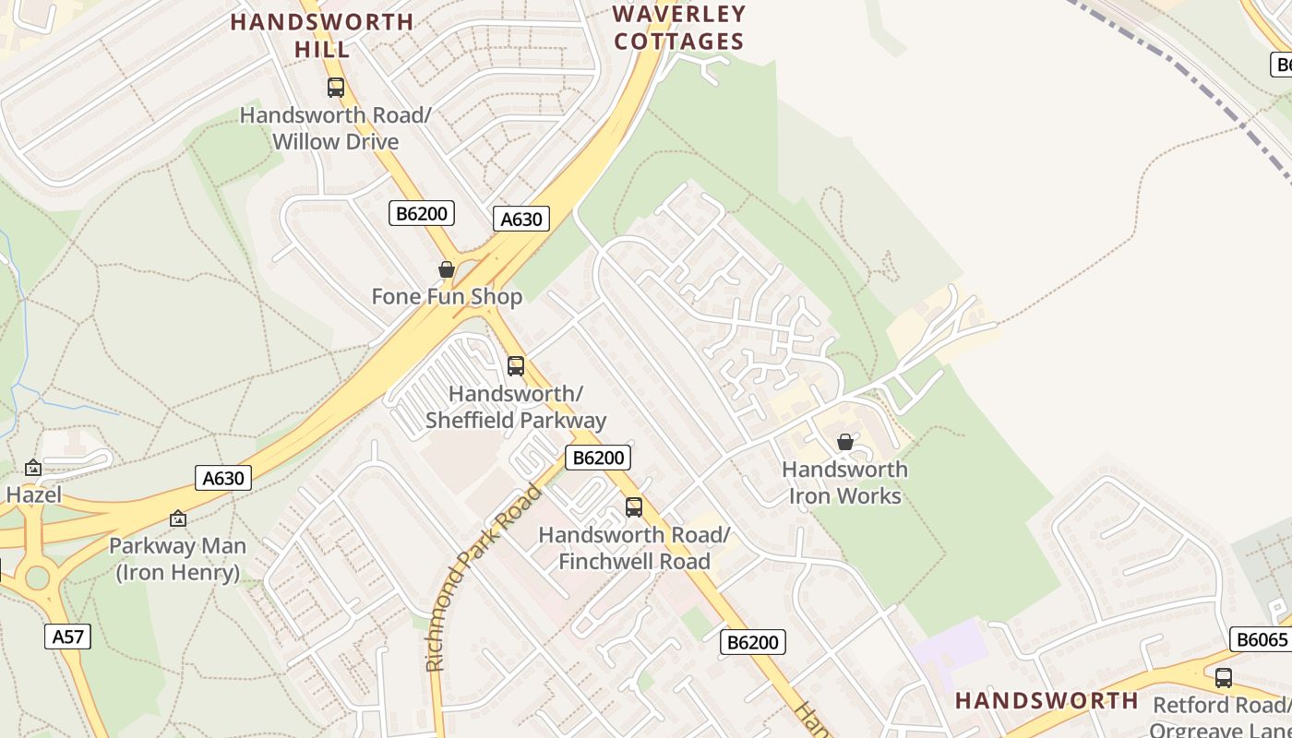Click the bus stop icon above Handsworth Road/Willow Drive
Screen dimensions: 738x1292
click(336, 88)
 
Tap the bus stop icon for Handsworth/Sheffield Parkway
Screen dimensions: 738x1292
click(516, 366)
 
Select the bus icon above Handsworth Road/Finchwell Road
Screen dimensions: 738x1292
click(634, 506)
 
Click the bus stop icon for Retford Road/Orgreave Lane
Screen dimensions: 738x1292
click(1224, 678)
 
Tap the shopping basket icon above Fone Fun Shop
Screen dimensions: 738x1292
click(447, 269)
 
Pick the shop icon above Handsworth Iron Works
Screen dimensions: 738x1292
click(844, 442)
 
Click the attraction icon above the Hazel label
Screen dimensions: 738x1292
click(33, 468)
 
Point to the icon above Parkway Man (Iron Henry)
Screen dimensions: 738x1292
click(178, 518)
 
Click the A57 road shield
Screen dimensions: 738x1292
click(67, 636)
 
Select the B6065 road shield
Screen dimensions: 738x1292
click(1261, 639)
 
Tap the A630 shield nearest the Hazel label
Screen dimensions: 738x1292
click(223, 478)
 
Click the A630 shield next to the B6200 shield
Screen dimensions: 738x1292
click(521, 219)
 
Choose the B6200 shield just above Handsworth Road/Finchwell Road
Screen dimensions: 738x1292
click(597, 458)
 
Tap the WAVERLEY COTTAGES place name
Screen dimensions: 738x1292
click(679, 28)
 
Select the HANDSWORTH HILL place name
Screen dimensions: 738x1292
click(322, 35)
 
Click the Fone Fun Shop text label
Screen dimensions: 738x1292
click(447, 296)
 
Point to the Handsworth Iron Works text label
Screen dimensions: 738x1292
click(844, 482)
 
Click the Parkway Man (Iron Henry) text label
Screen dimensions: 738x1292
click(178, 559)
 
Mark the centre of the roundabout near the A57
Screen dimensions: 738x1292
click(37, 577)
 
